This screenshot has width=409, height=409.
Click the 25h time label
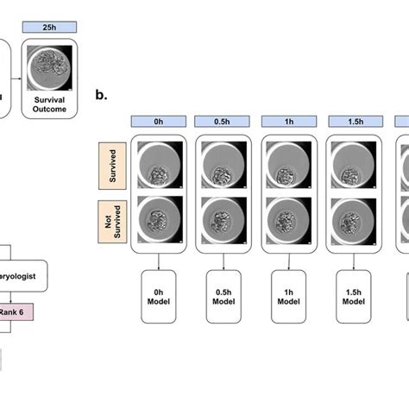click(x=51, y=29)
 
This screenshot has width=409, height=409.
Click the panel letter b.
click(x=102, y=95)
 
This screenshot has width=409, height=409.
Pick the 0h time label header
click(x=157, y=121)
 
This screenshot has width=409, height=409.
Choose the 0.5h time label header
click(x=223, y=121)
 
